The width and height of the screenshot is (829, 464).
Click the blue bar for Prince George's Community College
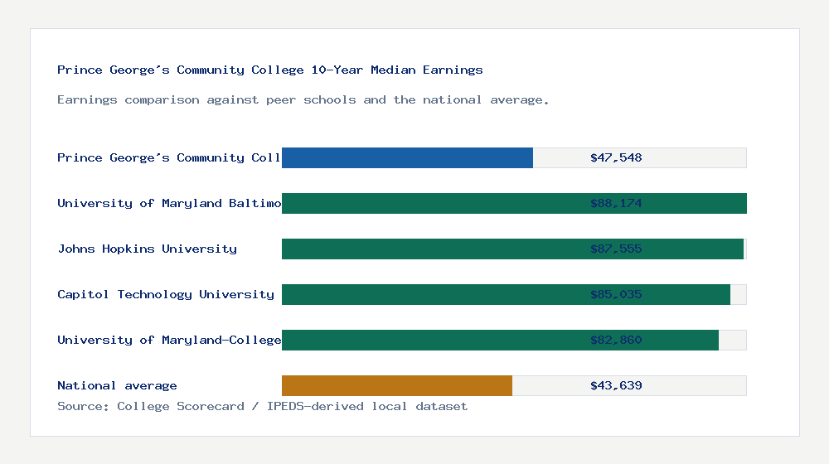(407, 157)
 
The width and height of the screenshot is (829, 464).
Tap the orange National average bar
(397, 385)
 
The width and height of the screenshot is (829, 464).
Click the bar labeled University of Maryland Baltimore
(431, 203)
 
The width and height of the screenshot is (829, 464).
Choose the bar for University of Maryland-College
(431, 340)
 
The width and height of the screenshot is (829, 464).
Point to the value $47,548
(616, 157)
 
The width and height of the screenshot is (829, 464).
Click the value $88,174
(616, 203)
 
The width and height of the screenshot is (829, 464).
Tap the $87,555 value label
(616, 249)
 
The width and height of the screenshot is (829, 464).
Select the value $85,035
(616, 294)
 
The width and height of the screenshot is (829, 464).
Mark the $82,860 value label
(616, 340)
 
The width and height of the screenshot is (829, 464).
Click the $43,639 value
(616, 385)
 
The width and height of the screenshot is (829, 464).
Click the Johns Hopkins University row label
(147, 249)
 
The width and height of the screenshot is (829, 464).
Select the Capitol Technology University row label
(166, 294)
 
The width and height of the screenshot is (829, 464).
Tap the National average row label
(117, 385)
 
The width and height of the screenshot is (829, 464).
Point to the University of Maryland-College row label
(169, 340)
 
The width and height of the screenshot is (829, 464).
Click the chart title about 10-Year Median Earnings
(269, 70)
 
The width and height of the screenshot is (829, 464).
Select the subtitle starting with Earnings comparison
(303, 99)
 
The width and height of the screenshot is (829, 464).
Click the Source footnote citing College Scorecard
(262, 406)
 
